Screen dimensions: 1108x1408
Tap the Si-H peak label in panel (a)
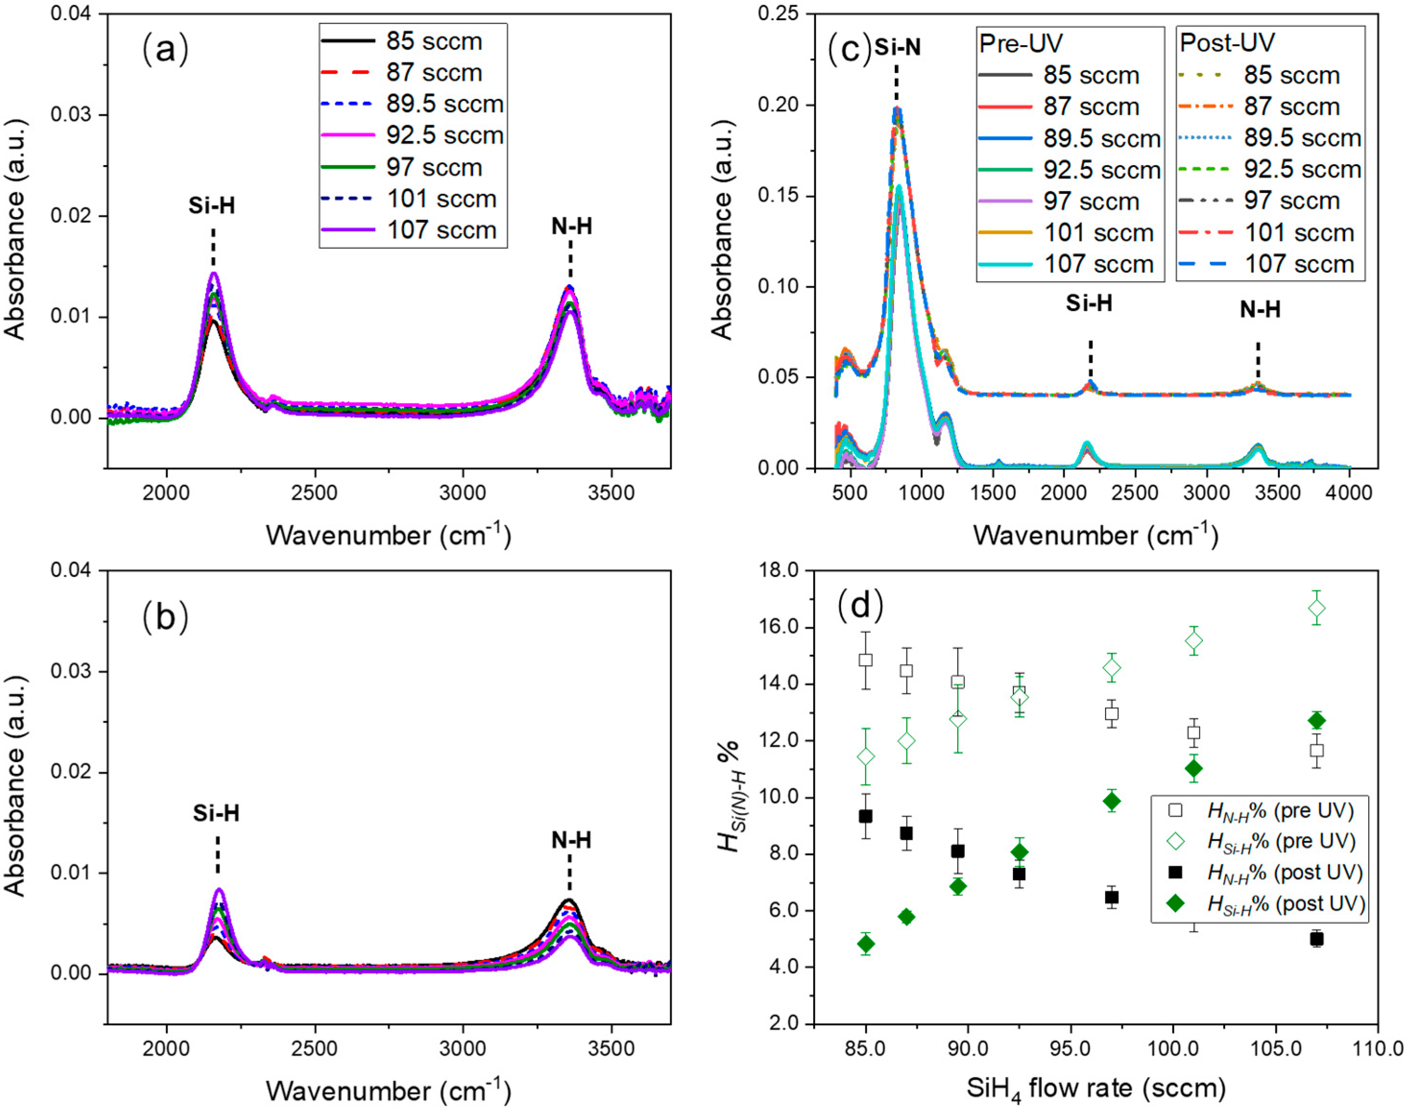[212, 206]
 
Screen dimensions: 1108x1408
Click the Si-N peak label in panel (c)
[897, 48]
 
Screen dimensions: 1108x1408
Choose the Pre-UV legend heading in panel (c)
[1021, 44]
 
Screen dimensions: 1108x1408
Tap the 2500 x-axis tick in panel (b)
[315, 1049]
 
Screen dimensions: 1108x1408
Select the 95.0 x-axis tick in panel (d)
[1070, 1049]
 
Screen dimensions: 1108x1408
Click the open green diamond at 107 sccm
[1316, 608]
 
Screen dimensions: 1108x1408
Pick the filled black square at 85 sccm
[866, 816]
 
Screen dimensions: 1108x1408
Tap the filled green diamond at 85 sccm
[866, 944]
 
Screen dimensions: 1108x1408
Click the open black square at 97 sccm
[1111, 714]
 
